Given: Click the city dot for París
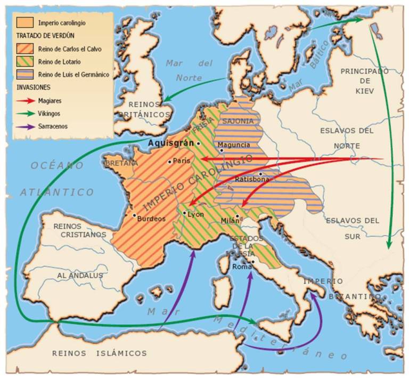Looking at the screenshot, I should point(169,162).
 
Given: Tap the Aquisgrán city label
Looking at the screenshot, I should point(171,143).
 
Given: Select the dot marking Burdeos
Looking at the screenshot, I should point(134,215).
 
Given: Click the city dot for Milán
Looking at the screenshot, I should point(238,216).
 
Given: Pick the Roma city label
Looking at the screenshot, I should point(241,267).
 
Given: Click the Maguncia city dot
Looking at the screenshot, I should point(221,151).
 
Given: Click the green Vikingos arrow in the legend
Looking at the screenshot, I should point(25,112).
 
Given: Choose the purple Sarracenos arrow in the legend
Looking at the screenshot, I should point(25,126).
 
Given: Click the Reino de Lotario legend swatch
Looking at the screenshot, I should point(25,62).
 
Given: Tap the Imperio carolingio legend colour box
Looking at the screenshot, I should point(25,23).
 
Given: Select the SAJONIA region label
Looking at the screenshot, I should point(238,122).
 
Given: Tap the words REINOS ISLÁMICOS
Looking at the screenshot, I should point(99,353).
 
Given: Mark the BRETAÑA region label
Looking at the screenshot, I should point(122,163).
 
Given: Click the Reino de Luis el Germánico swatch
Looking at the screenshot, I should point(25,75).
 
